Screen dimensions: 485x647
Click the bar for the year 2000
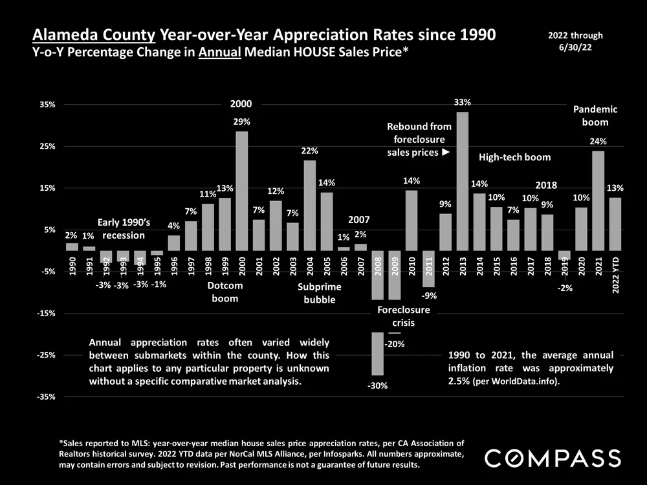pyautogui.click(x=241, y=191)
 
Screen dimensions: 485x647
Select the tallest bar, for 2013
pyautogui.click(x=462, y=181)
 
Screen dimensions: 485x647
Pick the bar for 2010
pyautogui.click(x=411, y=221)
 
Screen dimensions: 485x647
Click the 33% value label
pyautogui.click(x=462, y=102)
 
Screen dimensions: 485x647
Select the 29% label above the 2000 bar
pyautogui.click(x=242, y=122)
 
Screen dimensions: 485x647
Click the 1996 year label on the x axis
pyautogui.click(x=174, y=266)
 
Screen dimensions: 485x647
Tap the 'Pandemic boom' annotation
pyautogui.click(x=595, y=115)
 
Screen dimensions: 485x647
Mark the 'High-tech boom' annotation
pyautogui.click(x=514, y=157)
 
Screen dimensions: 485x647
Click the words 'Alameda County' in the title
pyautogui.click(x=90, y=35)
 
